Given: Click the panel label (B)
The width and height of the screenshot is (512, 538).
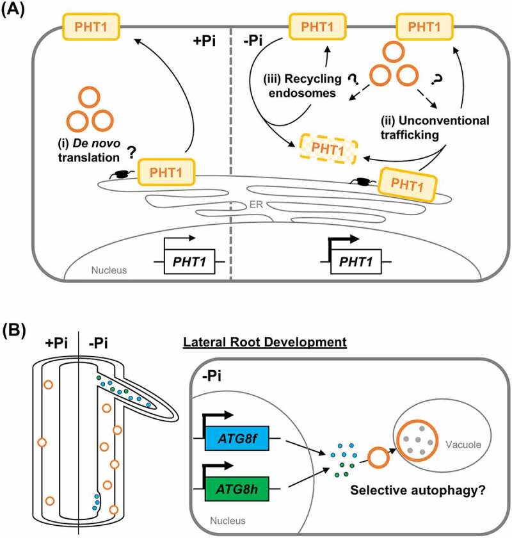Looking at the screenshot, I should (15, 331).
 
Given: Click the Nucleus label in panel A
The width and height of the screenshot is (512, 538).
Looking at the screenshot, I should (100, 270).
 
